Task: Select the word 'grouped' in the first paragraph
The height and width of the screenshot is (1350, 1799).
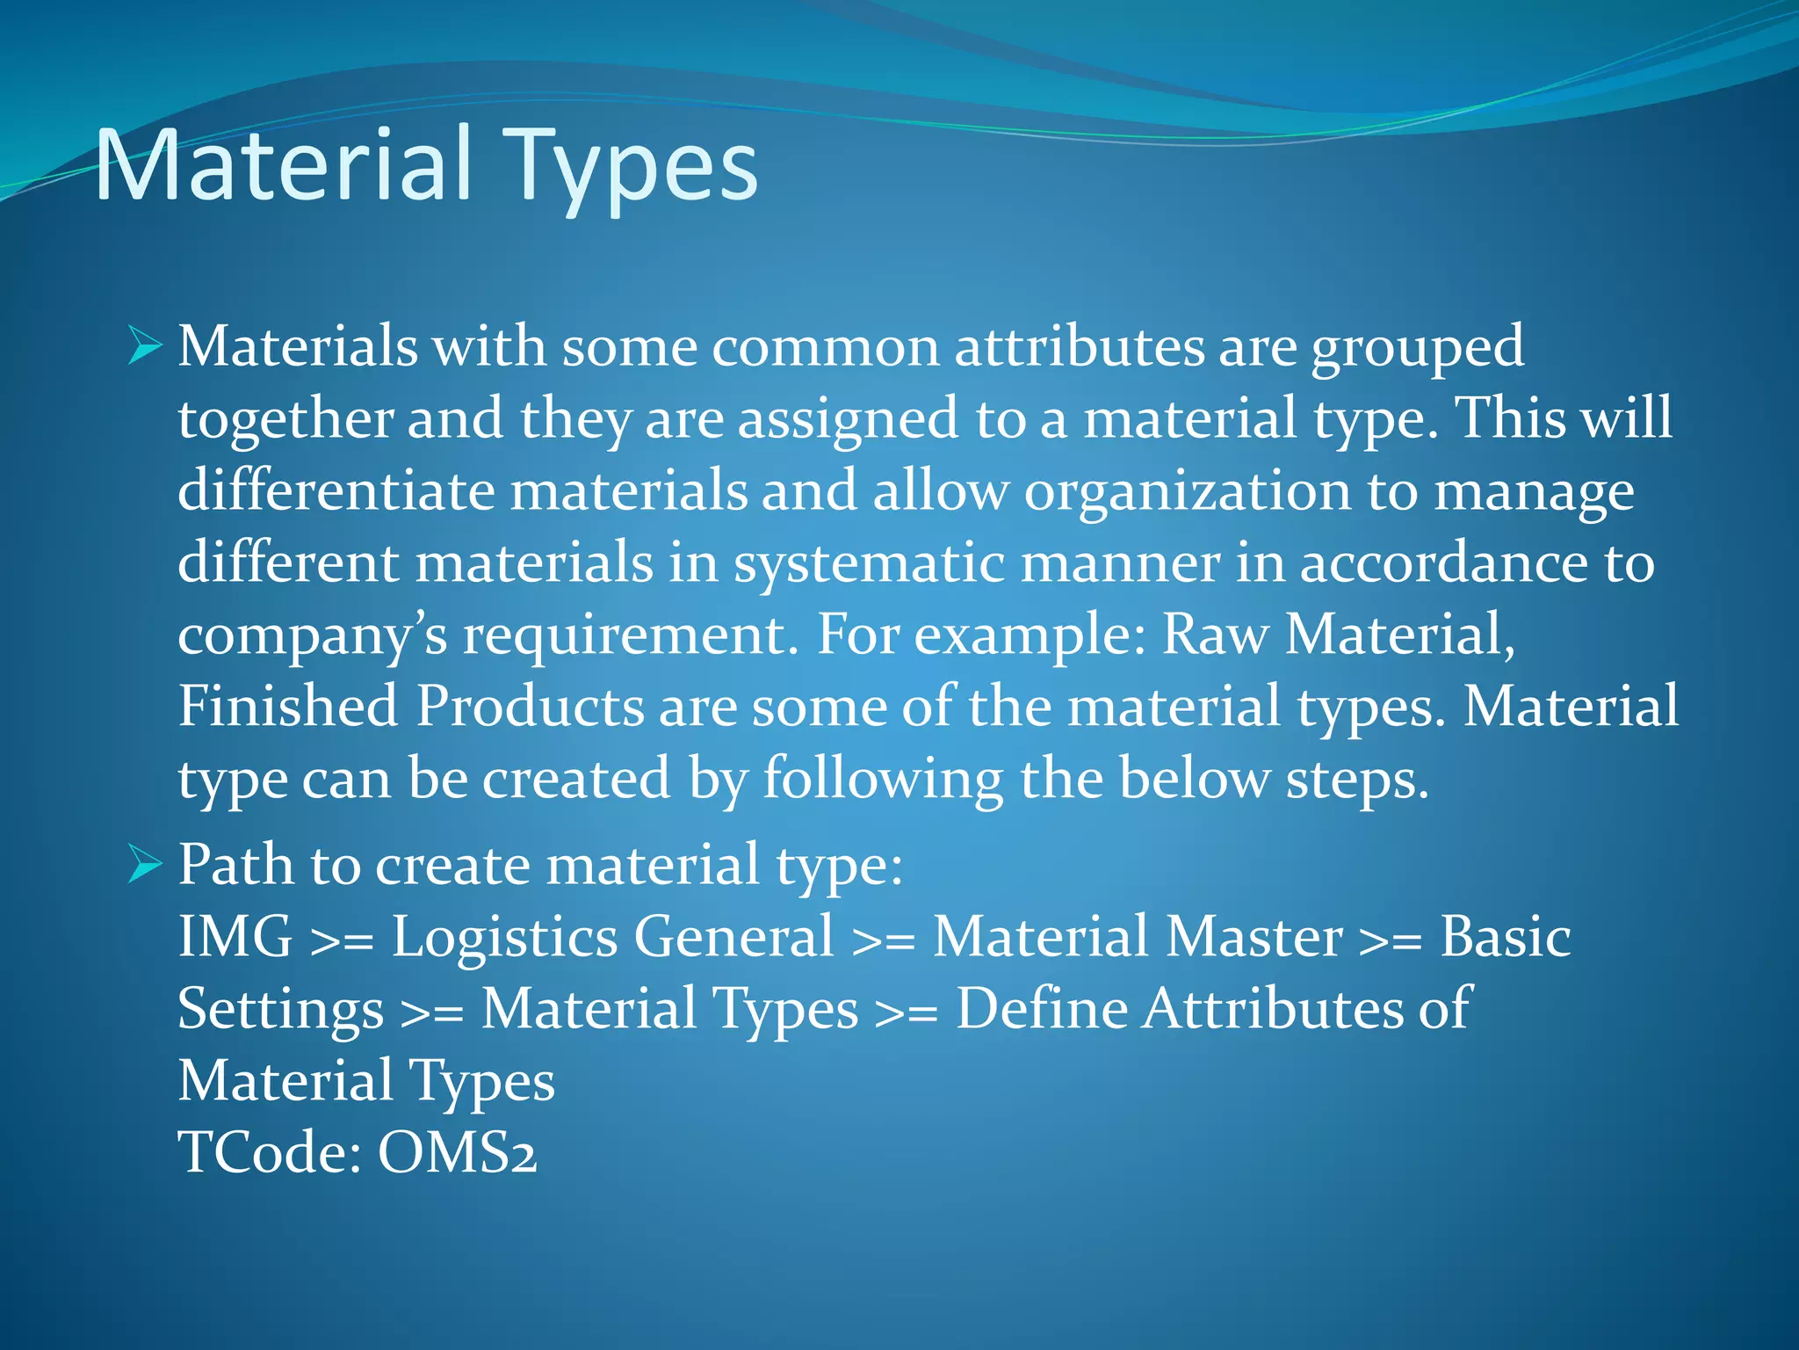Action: point(1417,348)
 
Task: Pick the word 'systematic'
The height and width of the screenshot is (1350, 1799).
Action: point(869,564)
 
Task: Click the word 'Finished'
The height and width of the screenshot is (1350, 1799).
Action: point(288,707)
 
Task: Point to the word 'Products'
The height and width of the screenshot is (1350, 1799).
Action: point(530,707)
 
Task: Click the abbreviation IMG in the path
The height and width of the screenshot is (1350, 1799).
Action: point(235,937)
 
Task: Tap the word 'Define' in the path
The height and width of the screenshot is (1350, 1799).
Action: point(1042,1009)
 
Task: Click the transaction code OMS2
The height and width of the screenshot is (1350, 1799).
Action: point(458,1153)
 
